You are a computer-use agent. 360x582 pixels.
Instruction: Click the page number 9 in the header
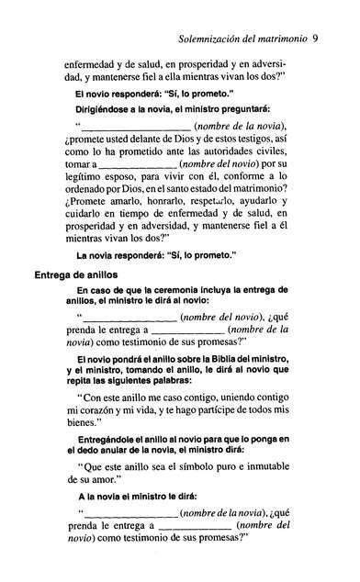point(340,39)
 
